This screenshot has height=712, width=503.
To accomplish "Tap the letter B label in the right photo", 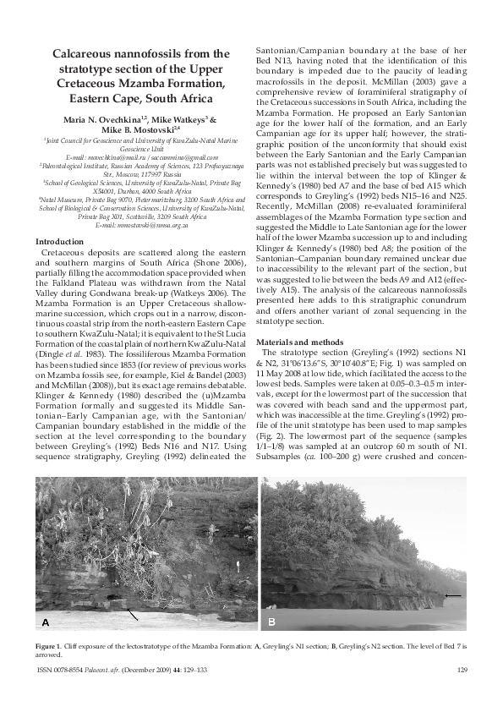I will tap(271, 622).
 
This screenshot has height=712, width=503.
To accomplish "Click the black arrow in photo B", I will tap(453, 595).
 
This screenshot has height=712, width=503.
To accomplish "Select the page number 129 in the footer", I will tap(462, 671).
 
